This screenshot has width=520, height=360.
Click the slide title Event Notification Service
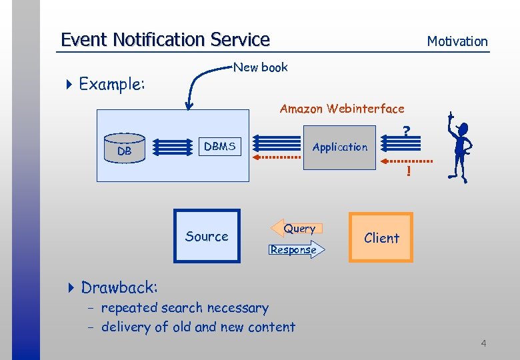pyautogui.click(x=165, y=39)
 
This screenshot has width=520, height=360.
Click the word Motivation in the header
pyautogui.click(x=457, y=41)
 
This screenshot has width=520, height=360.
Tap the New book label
pyautogui.click(x=260, y=67)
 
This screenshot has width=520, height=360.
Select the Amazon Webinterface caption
pyautogui.click(x=341, y=108)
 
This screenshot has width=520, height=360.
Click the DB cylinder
pyautogui.click(x=125, y=148)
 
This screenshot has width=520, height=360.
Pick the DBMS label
pyautogui.click(x=219, y=147)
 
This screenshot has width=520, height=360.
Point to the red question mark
pyautogui.click(x=406, y=132)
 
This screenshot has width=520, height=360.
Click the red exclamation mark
pyautogui.click(x=408, y=173)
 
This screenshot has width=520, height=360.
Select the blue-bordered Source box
pyautogui.click(x=207, y=236)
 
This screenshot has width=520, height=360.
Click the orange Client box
pyautogui.click(x=381, y=237)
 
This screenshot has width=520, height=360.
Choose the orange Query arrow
pyautogui.click(x=297, y=228)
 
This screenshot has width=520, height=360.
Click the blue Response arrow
pyautogui.click(x=295, y=250)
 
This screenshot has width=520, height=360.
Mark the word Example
pyautogui.click(x=112, y=84)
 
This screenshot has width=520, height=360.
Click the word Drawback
pyautogui.click(x=119, y=287)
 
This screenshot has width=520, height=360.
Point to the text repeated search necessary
pyautogui.click(x=184, y=308)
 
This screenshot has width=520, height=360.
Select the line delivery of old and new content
pyautogui.click(x=197, y=327)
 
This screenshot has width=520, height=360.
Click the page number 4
pyautogui.click(x=483, y=343)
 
